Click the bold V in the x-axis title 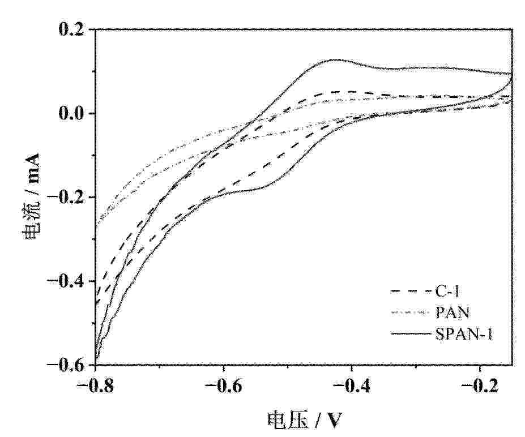click(x=334, y=419)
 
